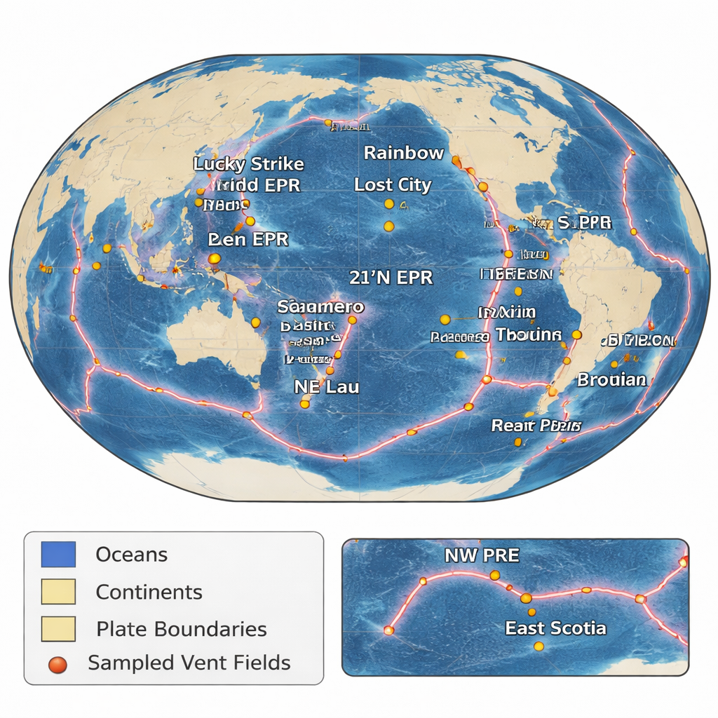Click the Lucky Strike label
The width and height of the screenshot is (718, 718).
point(249,164)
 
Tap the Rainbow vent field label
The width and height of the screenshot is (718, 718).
point(404,152)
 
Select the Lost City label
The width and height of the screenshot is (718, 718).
point(393,185)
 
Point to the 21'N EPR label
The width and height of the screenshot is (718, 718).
point(391,276)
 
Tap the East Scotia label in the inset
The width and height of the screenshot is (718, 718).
point(555,628)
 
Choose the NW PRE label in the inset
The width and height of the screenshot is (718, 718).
point(482,555)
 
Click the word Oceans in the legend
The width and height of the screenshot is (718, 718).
point(131,555)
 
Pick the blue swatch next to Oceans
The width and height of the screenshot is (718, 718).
point(58,554)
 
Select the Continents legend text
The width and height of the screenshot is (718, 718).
point(149,592)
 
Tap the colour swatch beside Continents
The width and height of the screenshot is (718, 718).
point(58,592)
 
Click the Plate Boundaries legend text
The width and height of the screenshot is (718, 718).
point(181,629)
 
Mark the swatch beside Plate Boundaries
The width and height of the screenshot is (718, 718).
point(58,629)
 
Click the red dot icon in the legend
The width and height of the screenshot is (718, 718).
point(59,663)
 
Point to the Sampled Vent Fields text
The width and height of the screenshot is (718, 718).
point(189,663)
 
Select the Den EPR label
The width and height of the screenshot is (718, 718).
point(248,239)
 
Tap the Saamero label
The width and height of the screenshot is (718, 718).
point(320,306)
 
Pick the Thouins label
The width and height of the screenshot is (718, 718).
point(528,334)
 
